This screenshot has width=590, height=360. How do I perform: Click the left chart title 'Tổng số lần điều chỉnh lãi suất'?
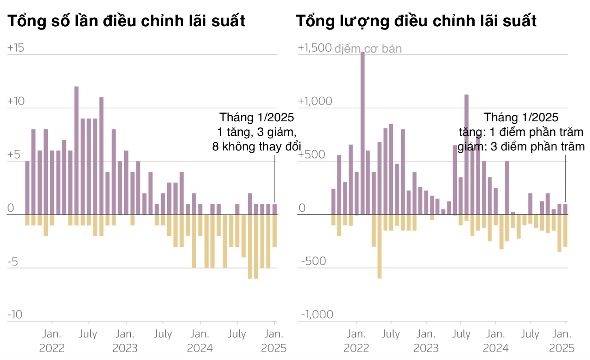[x=126, y=21]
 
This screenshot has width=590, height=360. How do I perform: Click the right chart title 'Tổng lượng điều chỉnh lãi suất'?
[x=416, y=21]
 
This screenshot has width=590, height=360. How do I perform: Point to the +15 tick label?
[x=16, y=48]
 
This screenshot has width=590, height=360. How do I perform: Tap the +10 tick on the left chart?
[x=16, y=101]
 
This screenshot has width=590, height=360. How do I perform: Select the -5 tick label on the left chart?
[x=13, y=262]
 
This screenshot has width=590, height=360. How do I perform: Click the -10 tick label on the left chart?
[x=15, y=315]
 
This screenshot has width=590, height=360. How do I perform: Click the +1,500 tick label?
[x=315, y=48]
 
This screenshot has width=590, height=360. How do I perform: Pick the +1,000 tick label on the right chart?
[x=315, y=101]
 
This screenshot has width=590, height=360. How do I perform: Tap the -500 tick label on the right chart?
[x=314, y=261]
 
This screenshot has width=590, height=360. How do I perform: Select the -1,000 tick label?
[x=317, y=315]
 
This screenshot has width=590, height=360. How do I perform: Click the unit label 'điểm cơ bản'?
[x=368, y=49]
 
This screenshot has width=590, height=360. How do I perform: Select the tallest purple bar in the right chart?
[x=363, y=133]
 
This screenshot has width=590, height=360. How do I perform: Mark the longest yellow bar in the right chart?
[x=380, y=246]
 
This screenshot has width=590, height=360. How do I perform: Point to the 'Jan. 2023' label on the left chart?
[x=125, y=341]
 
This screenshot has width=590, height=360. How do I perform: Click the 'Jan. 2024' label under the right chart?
[x=496, y=341]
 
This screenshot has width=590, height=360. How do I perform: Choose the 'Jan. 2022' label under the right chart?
[x=357, y=341]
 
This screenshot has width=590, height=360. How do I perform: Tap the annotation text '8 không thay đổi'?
[x=257, y=146]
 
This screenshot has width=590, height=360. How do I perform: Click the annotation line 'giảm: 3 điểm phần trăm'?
[x=521, y=146]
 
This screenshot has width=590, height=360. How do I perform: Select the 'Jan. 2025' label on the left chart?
[x=274, y=341]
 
